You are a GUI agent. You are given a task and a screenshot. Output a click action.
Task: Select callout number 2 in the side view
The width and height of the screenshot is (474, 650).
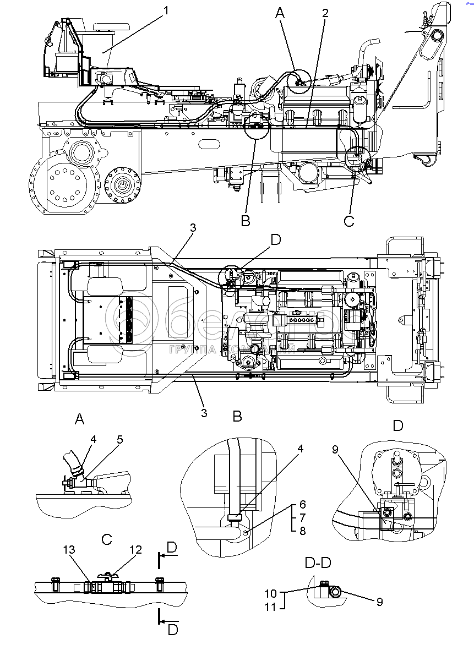pyautogui.click(x=325, y=13)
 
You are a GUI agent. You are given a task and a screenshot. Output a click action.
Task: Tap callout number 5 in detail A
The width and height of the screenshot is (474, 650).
pyautogui.click(x=119, y=440)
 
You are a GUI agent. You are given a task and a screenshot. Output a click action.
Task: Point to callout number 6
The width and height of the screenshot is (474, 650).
pyautogui.click(x=303, y=505)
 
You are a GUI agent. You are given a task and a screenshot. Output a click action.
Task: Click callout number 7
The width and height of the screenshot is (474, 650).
pyautogui.click(x=303, y=518)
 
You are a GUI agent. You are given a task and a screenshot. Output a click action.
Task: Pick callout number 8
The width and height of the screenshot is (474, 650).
pyautogui.click(x=303, y=531)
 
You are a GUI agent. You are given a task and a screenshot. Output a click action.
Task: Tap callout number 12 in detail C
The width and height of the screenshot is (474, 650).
pyautogui.click(x=135, y=549)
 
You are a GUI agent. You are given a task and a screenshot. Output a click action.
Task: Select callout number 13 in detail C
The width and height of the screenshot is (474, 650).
pyautogui.click(x=69, y=549)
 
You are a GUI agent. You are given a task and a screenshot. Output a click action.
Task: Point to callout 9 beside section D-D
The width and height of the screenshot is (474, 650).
pyautogui.click(x=379, y=602)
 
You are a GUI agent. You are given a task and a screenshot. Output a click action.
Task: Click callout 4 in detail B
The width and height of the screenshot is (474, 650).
pyautogui.click(x=300, y=449)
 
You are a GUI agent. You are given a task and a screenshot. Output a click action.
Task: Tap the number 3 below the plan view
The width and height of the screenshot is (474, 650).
pyautogui.click(x=204, y=413)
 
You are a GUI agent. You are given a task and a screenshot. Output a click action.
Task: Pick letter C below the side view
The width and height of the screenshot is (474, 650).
pyautogui.click(x=349, y=221)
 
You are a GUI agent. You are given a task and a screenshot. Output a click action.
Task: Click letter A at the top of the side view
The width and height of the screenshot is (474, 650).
pyautogui.click(x=280, y=14)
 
